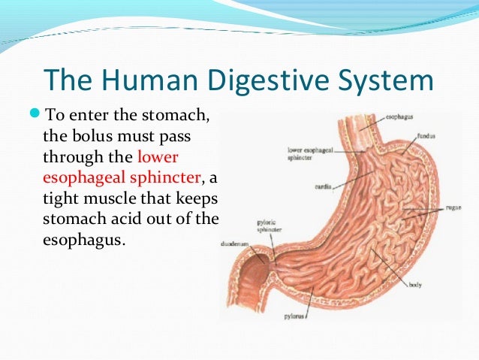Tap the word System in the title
point(387,81)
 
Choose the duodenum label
point(238,244)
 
